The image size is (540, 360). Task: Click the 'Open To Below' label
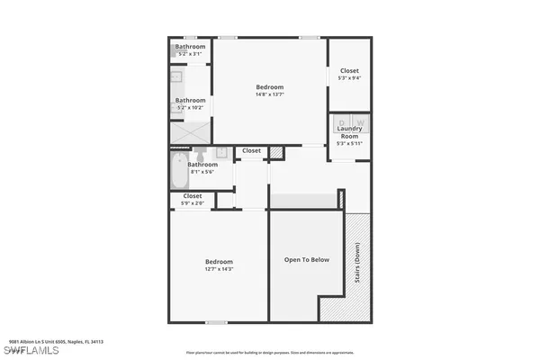[x=307, y=259]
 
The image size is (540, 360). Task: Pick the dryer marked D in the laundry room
[x=342, y=122]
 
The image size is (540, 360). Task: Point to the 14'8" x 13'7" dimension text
[x=270, y=94]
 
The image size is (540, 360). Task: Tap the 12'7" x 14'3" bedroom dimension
[x=219, y=269]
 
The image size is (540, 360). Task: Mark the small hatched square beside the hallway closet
[x=276, y=152]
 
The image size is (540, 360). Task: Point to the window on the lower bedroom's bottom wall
[x=216, y=321]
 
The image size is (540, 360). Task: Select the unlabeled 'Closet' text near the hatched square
[x=251, y=150]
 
